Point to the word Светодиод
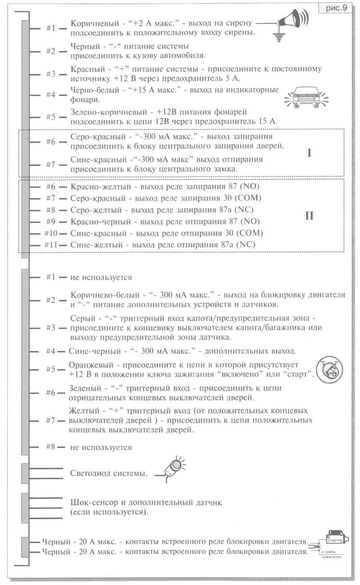click(92, 474)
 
